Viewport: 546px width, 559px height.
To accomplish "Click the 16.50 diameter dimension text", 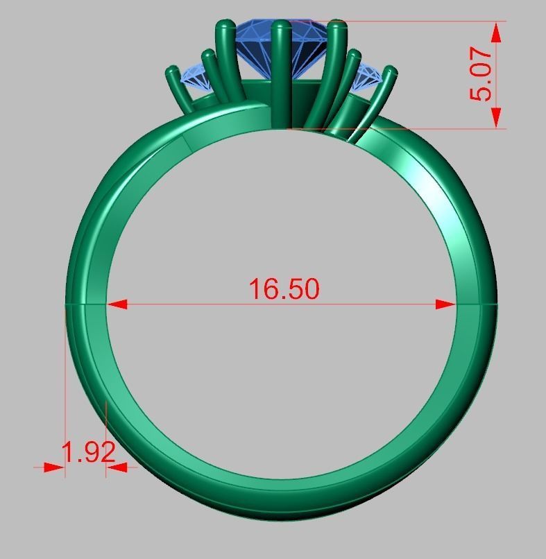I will pyautogui.click(x=284, y=289).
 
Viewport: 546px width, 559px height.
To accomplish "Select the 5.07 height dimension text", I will pyautogui.click(x=481, y=74).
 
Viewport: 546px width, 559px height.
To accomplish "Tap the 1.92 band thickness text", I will pyautogui.click(x=88, y=453).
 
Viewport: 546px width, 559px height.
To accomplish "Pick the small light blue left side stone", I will pyautogui.click(x=196, y=78).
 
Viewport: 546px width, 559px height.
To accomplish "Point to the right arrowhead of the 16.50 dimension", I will pyautogui.click(x=445, y=304).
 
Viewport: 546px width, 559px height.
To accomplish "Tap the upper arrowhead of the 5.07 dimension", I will pyautogui.click(x=497, y=31).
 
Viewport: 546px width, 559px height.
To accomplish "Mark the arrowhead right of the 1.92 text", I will pyautogui.click(x=118, y=467).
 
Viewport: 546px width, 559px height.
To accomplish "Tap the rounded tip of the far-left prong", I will pyautogui.click(x=172, y=71).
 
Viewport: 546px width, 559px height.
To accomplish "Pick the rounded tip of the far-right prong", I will pyautogui.click(x=391, y=71).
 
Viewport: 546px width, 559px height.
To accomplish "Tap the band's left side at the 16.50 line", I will pyautogui.click(x=85, y=304).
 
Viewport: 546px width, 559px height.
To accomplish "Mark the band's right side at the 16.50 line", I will pyautogui.click(x=477, y=304).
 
